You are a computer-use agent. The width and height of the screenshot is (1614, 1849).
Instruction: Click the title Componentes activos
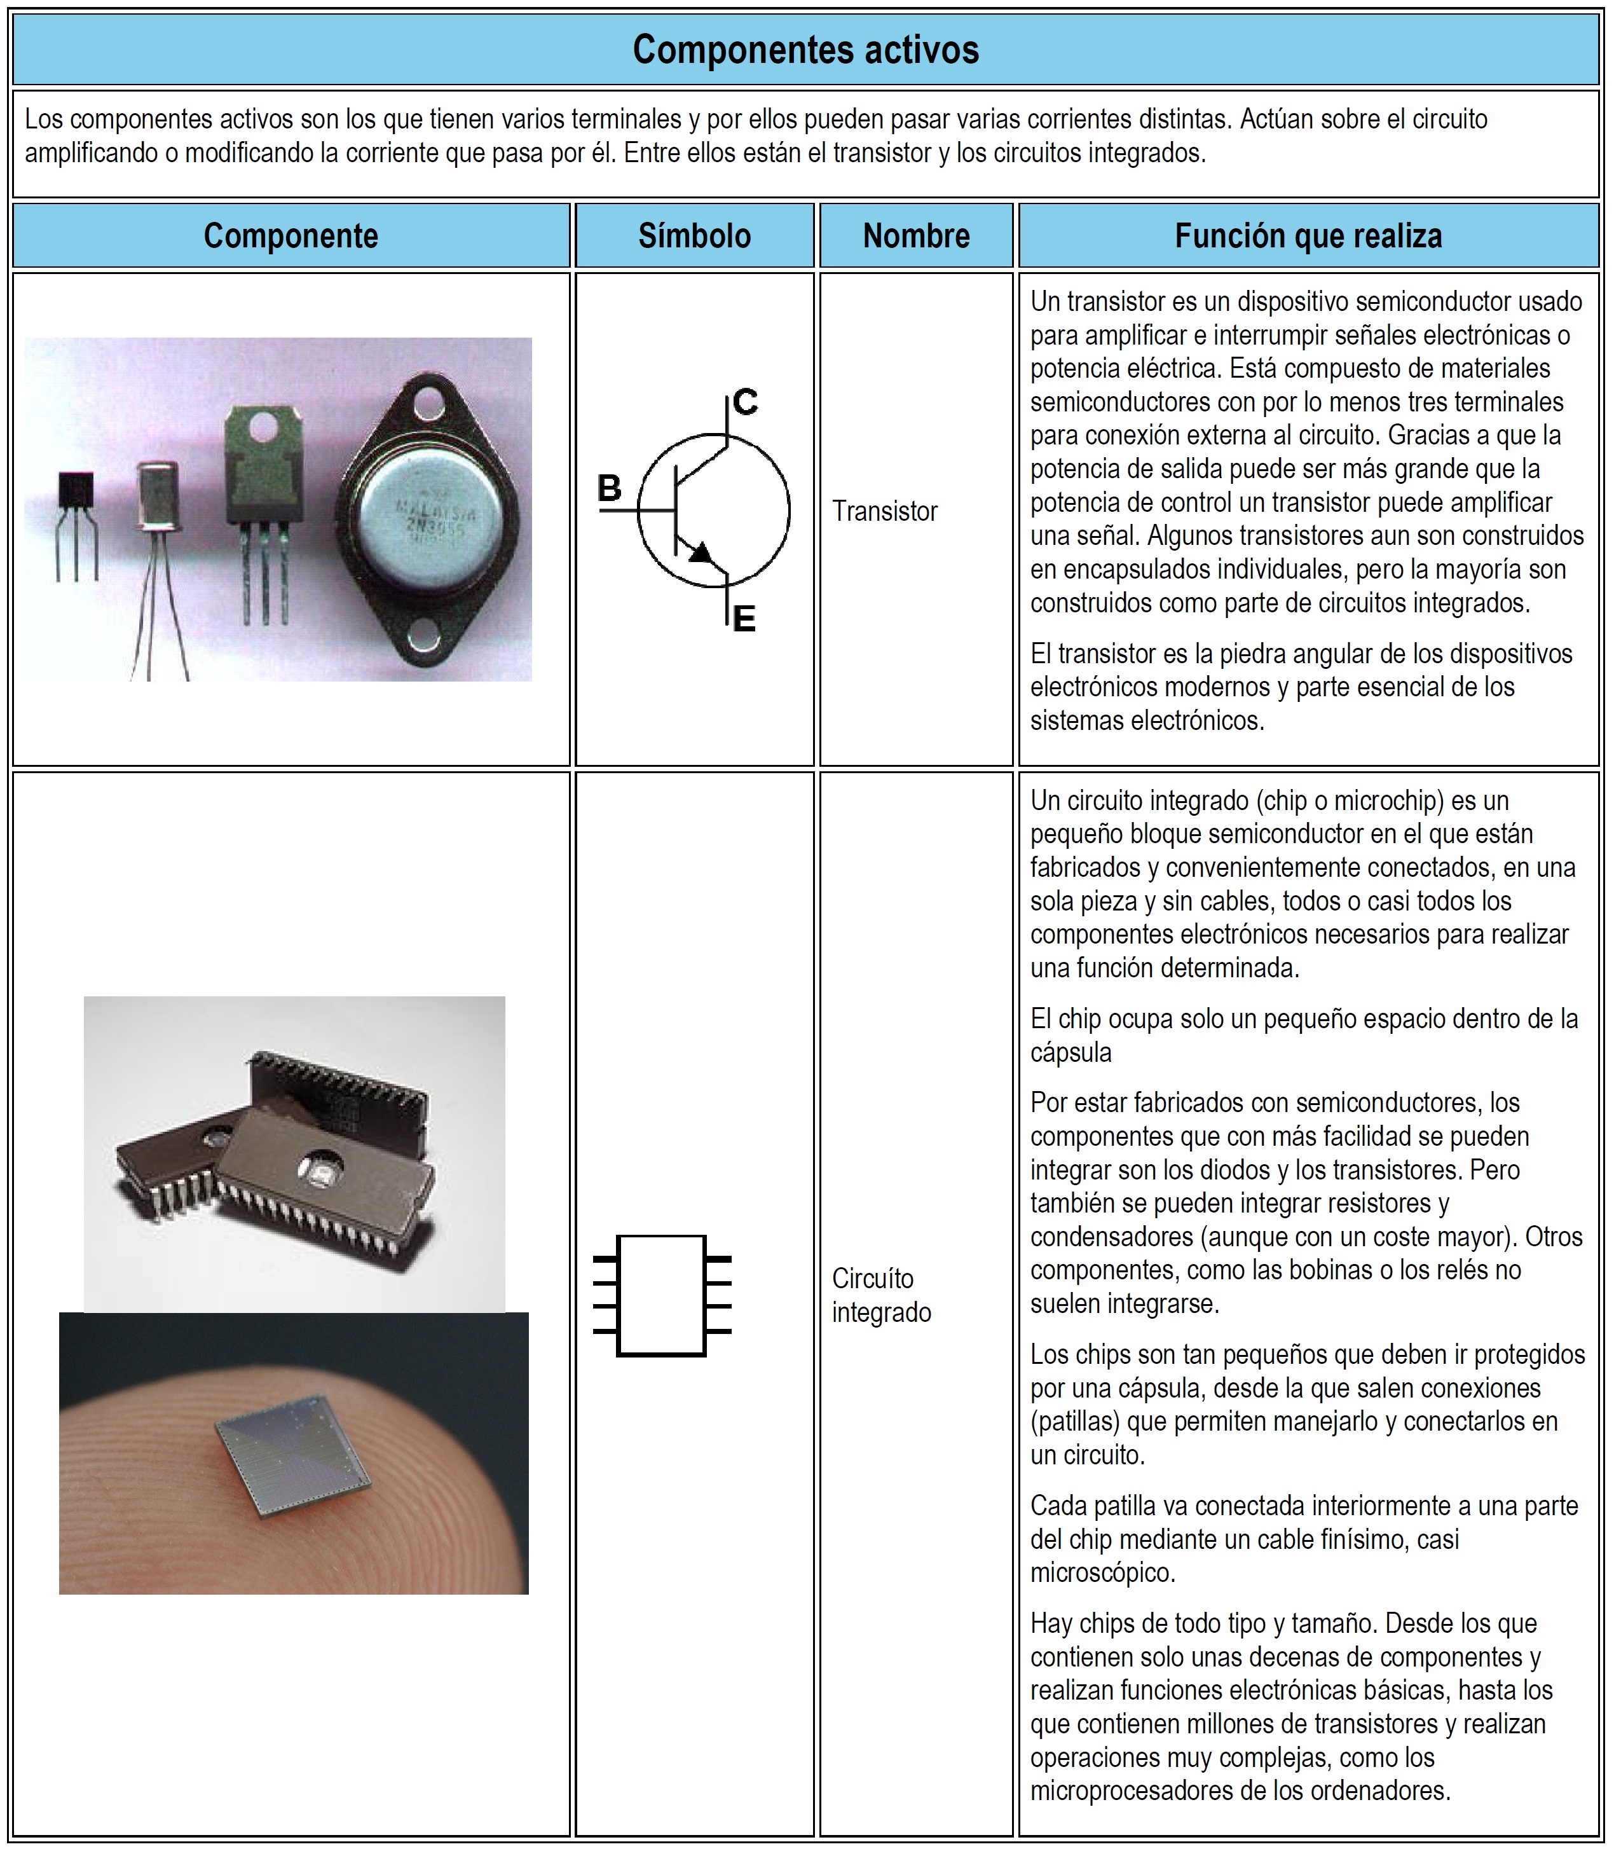805,50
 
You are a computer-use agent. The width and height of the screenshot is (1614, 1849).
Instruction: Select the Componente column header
291,236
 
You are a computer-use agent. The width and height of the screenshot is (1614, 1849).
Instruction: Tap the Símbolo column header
694,236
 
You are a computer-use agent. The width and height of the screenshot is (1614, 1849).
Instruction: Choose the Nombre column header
916,236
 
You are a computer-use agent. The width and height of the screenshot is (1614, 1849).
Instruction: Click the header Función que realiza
1308,236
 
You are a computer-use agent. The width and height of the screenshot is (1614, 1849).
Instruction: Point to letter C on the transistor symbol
745,402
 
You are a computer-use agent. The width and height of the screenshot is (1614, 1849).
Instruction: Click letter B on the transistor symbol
610,489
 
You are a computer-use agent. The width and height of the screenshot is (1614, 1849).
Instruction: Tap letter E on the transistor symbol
744,620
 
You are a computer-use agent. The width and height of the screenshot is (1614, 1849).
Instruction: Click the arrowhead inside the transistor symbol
700,552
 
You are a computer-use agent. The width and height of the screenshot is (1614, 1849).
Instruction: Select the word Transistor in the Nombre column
884,512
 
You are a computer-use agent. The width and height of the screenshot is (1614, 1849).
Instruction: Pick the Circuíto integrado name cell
881,1295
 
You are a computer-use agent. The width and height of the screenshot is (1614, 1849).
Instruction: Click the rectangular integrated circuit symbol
662,1295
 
